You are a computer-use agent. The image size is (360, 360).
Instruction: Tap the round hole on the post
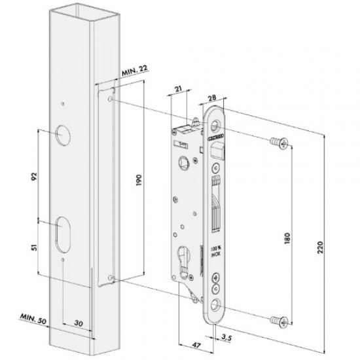point(63,135)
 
